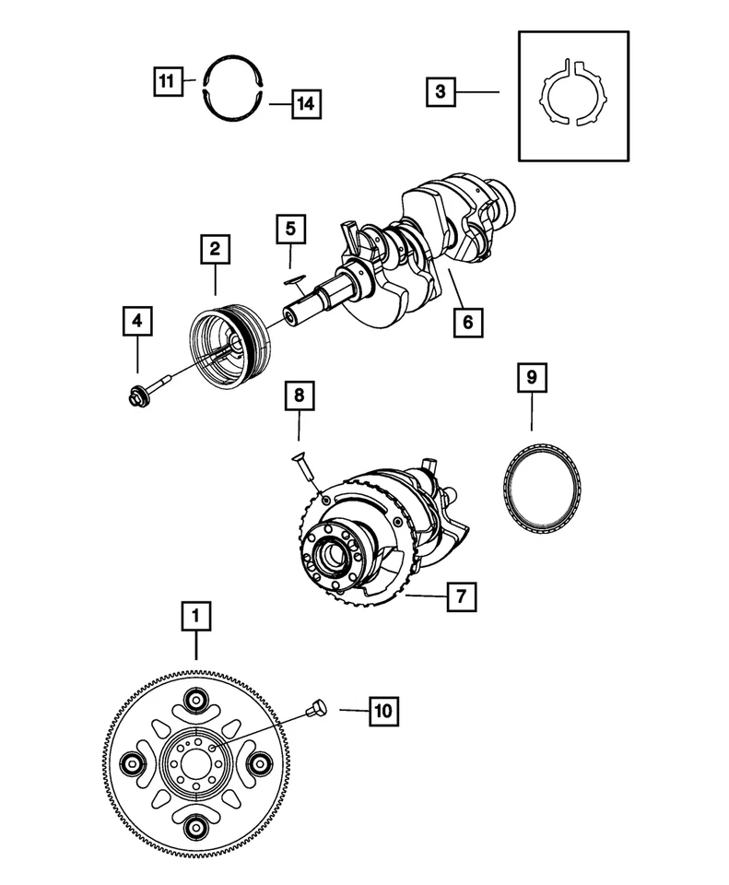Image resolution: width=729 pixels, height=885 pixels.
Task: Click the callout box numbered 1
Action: click(195, 616)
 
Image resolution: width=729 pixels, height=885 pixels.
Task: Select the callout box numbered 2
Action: click(214, 248)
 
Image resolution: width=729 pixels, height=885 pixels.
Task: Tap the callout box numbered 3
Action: click(441, 92)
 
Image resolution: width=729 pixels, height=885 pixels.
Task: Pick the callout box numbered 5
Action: click(290, 227)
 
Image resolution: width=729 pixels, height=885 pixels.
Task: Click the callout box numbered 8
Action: click(299, 397)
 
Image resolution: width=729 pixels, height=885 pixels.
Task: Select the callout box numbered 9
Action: click(532, 376)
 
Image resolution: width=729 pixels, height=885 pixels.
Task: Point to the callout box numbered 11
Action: click(165, 80)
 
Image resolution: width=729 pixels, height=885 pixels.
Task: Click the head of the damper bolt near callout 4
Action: click(135, 397)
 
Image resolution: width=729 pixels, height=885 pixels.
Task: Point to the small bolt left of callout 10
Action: click(319, 707)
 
